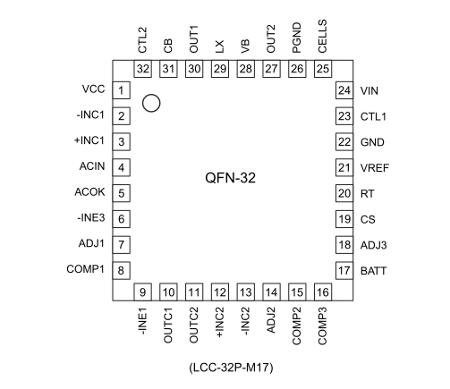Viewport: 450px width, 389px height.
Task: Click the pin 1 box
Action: pos(121,90)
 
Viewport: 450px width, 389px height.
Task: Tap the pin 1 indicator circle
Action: pos(151,95)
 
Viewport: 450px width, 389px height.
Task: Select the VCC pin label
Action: pos(93,89)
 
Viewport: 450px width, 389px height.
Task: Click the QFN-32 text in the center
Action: pos(230,178)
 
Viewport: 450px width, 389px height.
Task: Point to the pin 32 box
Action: pos(142,69)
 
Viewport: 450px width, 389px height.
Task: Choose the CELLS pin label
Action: pos(322,37)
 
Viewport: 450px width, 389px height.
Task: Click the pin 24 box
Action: pos(344,90)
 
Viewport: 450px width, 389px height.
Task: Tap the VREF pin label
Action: pos(375,168)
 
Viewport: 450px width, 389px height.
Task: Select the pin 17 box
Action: pos(344,270)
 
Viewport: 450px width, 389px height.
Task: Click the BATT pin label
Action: pos(373,271)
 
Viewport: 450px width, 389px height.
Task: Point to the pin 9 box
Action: pos(142,292)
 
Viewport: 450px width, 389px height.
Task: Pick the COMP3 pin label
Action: pos(322,326)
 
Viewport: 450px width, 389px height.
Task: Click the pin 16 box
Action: pos(323,292)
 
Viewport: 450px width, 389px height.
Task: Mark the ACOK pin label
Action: pos(89,192)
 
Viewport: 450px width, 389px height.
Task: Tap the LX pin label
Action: pos(219,47)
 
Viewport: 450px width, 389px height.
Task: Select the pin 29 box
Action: pos(220,69)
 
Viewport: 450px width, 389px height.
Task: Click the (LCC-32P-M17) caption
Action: pos(231,368)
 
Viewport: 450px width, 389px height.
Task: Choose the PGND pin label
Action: pos(297,38)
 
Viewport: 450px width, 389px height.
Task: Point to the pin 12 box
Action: pos(220,292)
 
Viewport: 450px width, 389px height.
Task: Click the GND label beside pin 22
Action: pos(372,142)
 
